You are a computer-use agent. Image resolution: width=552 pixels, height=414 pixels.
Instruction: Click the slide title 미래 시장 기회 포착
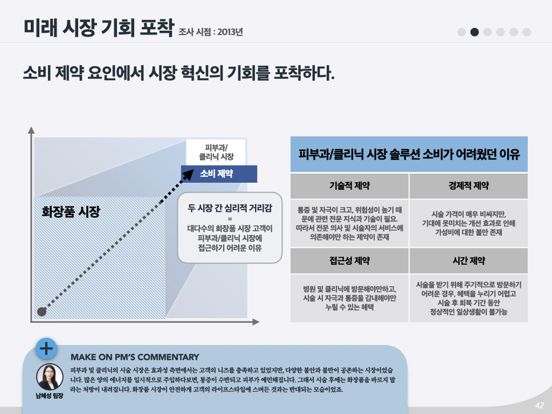[x=99, y=27]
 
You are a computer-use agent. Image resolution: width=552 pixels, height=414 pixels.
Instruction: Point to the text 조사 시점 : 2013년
[x=211, y=32]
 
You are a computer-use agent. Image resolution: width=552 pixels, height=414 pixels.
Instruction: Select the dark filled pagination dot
[x=474, y=32]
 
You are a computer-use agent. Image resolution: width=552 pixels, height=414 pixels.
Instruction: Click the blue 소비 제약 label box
[x=219, y=174]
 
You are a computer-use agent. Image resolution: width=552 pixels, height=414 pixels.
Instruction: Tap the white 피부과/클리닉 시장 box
[x=216, y=152]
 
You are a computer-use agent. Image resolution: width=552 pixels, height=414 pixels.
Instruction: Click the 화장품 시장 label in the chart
[x=71, y=211]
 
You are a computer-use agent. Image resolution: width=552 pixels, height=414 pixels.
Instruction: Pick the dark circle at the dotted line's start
[x=42, y=311]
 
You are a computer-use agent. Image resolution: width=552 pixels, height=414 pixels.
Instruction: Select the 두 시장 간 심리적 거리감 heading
[x=230, y=206]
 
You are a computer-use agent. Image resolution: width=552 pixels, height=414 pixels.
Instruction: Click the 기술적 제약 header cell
[x=349, y=186]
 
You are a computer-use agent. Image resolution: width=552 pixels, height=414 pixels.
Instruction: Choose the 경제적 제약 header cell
[x=468, y=186]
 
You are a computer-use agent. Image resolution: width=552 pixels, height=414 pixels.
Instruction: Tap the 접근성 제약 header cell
[x=349, y=261]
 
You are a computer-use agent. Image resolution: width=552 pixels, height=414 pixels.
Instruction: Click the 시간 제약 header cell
[x=468, y=261]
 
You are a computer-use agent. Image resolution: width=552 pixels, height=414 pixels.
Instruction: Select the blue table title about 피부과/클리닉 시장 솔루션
[x=409, y=155]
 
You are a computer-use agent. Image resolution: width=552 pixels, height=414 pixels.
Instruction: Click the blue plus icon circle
[x=47, y=348]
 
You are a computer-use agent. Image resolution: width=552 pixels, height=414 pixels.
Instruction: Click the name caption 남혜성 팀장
[x=50, y=396]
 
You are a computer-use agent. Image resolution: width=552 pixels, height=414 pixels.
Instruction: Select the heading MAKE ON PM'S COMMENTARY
[x=135, y=357]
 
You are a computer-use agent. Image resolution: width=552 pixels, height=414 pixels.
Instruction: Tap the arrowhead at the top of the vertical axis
[x=31, y=130]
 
